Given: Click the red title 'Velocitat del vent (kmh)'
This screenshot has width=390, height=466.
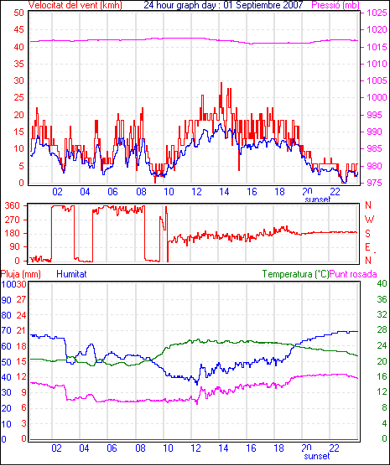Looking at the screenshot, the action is click(x=75, y=5).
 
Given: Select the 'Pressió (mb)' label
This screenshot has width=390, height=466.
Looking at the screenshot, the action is click(x=335, y=5).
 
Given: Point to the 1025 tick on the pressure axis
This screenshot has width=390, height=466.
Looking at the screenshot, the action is click(x=377, y=13).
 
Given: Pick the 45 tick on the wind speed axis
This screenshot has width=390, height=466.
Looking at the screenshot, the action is click(x=18, y=29).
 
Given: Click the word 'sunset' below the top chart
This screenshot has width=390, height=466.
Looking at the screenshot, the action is click(x=317, y=199).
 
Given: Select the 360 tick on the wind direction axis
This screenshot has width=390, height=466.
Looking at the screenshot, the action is click(x=13, y=205).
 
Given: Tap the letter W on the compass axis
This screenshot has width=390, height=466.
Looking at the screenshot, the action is click(x=369, y=220).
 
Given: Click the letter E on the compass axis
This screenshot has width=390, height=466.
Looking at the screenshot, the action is click(x=367, y=247).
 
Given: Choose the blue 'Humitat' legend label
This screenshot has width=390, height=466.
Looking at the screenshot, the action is click(x=71, y=274).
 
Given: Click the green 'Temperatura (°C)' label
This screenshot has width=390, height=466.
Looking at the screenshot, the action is click(x=296, y=274).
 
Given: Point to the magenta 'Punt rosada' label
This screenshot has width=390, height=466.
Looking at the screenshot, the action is click(x=353, y=274).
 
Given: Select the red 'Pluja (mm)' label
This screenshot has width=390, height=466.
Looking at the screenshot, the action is click(x=20, y=274).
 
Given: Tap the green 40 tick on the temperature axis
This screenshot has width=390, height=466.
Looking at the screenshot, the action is click(x=382, y=283).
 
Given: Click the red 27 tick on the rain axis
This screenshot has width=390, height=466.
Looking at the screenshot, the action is click(x=21, y=299).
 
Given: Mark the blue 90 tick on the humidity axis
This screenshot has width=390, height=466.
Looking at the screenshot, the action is click(x=6, y=300).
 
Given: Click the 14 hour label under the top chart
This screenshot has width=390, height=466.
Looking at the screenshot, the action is click(x=224, y=192).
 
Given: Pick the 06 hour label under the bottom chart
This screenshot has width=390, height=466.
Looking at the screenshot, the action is click(x=112, y=448).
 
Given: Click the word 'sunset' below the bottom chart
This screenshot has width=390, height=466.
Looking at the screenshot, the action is click(x=317, y=456).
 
